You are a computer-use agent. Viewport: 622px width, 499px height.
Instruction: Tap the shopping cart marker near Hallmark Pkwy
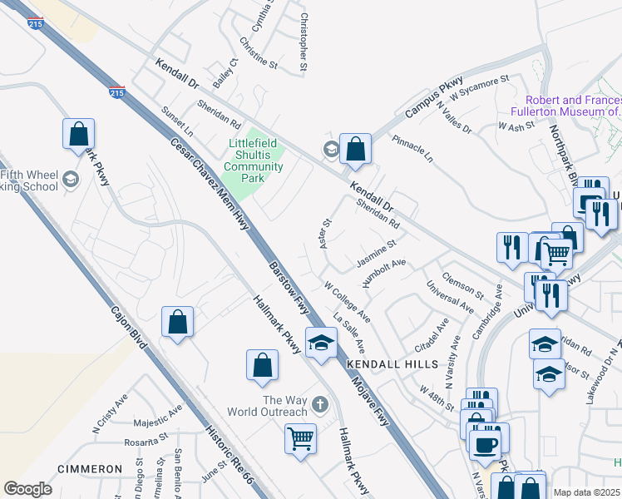300,438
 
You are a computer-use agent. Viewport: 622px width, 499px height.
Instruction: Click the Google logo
27,489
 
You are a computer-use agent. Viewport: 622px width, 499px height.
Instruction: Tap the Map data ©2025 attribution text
585,492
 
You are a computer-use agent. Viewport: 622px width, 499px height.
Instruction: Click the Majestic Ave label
150,414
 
